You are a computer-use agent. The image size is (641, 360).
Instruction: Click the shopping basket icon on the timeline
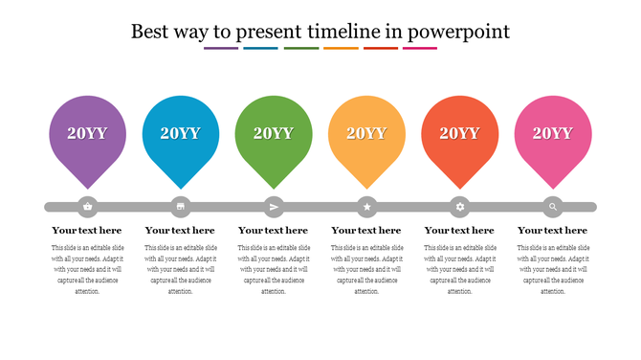coord(88,206)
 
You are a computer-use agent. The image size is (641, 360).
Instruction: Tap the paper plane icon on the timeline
coord(274,206)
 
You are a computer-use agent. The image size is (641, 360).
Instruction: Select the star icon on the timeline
coord(366,206)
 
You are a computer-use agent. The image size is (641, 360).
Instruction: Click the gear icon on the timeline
coord(460,206)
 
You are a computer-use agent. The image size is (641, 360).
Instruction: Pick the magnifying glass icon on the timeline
coord(553,206)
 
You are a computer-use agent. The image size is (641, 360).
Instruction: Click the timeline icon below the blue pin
coord(181,206)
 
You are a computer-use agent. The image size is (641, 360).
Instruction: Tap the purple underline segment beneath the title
coord(221,48)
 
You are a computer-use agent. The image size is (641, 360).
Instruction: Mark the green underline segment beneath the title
coord(301,48)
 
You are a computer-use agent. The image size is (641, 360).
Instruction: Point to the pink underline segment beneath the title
coord(420,48)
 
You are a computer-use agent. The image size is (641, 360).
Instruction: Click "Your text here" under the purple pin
coord(87,231)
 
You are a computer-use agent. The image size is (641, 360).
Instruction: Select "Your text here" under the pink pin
coord(553,231)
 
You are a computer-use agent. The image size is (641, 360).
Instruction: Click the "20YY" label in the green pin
coord(274,133)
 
